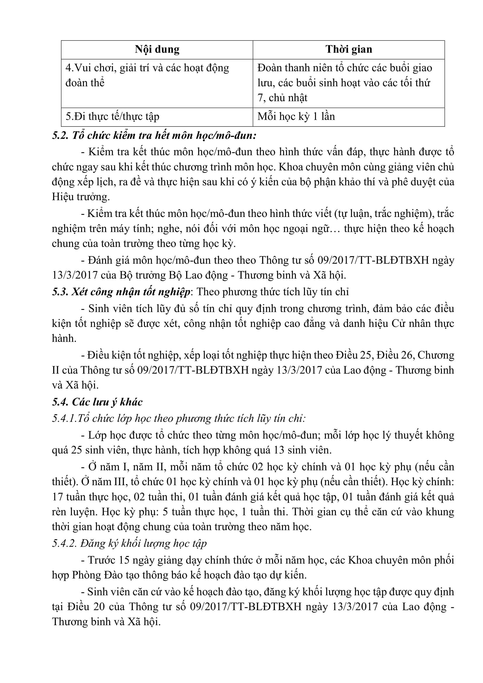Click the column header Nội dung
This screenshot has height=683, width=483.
click(157, 49)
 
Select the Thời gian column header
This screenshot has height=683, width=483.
click(349, 49)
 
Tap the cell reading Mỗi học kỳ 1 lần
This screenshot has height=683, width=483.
click(296, 116)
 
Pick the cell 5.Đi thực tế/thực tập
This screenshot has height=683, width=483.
click(112, 116)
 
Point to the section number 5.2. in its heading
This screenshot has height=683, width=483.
click(61, 136)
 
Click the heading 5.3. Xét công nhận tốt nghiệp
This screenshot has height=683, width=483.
click(121, 292)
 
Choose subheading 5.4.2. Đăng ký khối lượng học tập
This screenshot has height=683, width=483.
click(129, 543)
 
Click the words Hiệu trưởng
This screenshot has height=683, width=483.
click(81, 197)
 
